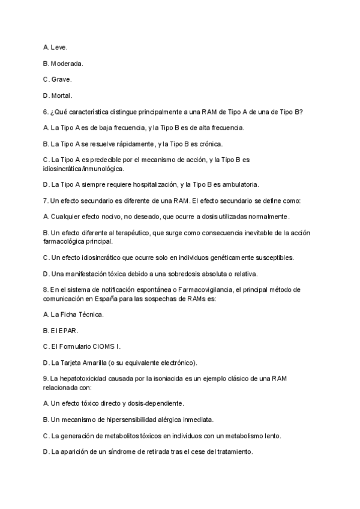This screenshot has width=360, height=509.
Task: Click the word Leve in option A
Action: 59,47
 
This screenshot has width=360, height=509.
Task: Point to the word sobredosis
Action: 188,274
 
